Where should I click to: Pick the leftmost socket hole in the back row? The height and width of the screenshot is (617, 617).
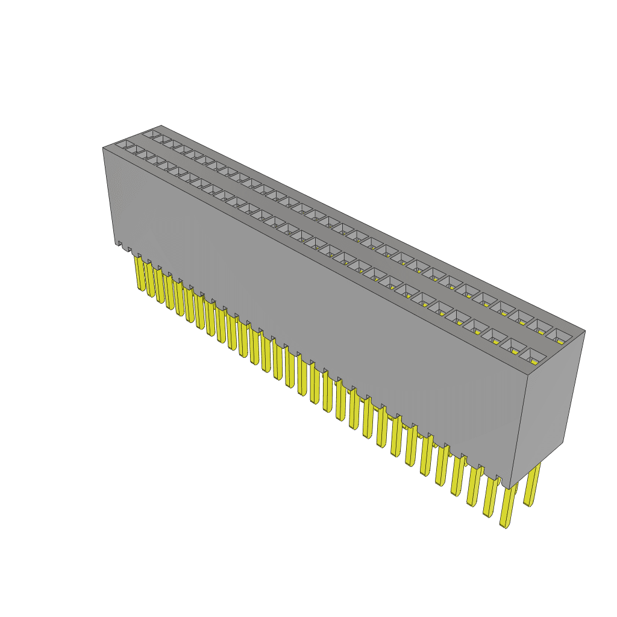click(152, 133)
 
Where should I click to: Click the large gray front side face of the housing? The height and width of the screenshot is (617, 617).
click(313, 313)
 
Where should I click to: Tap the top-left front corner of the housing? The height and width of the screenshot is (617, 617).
click(103, 148)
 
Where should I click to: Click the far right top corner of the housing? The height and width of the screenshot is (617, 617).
click(585, 331)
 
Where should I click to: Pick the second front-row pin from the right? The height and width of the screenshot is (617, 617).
click(489, 497)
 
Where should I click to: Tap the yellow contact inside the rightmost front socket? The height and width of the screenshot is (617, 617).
click(534, 361)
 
